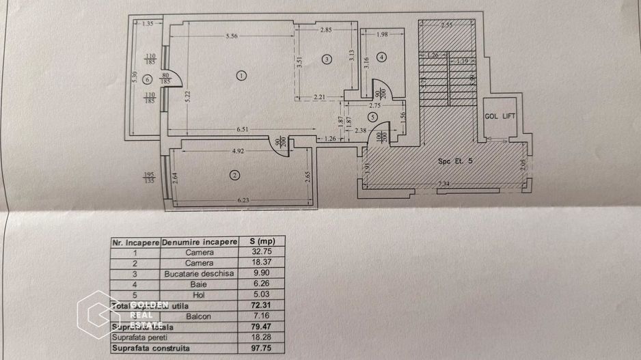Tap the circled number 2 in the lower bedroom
(x=235, y=176)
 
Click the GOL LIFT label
(x=500, y=117)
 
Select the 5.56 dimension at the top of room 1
(x=231, y=36)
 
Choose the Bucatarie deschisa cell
(x=200, y=273)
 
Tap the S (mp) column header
(x=261, y=242)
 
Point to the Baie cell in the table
(x=200, y=284)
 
